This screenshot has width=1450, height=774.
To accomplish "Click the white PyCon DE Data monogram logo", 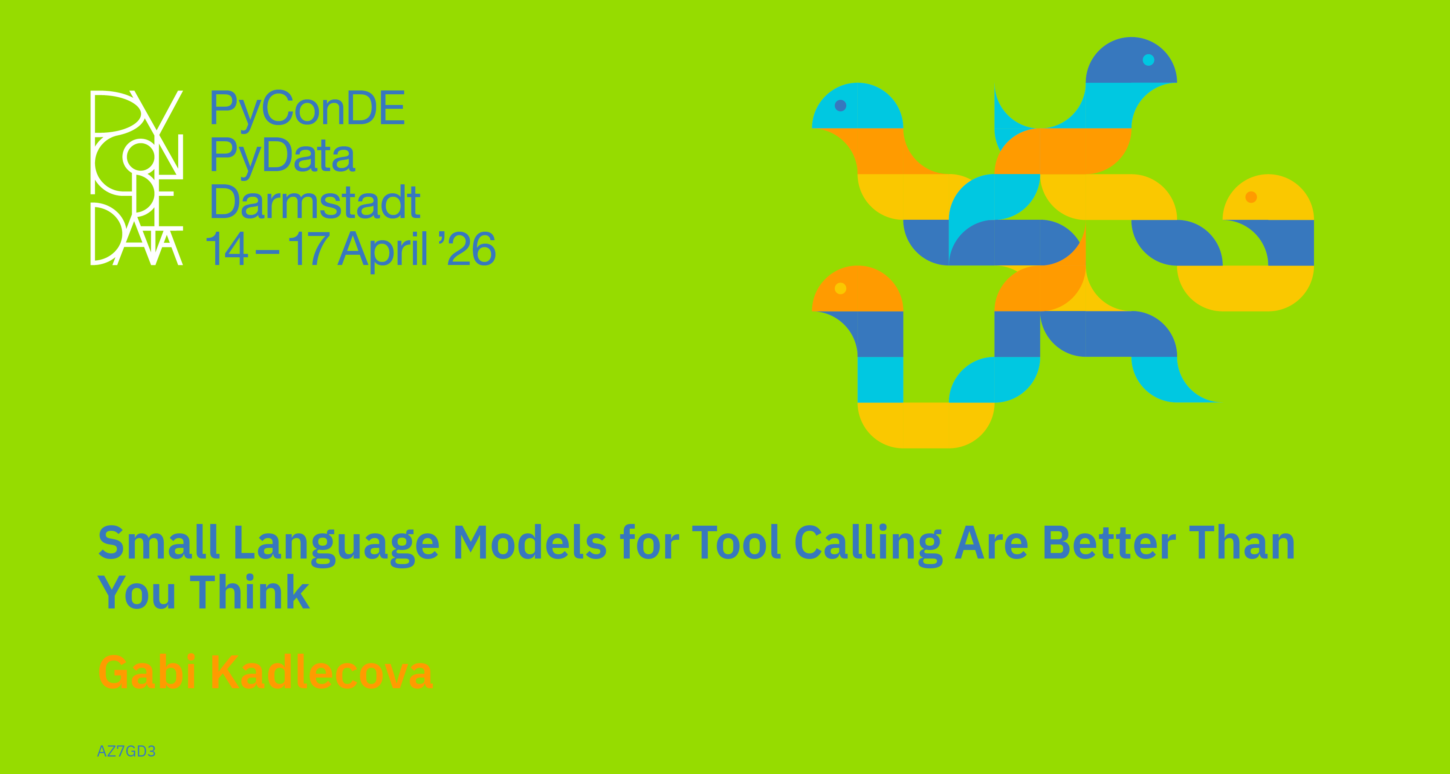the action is click(137, 177).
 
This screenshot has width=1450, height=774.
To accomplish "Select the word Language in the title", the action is click(336, 545).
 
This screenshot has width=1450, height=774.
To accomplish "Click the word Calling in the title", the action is click(868, 545).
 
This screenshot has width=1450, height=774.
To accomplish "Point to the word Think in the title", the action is click(250, 592).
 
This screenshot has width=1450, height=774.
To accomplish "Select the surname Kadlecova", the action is click(321, 672).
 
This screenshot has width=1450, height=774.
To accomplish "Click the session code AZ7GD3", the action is click(126, 751).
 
